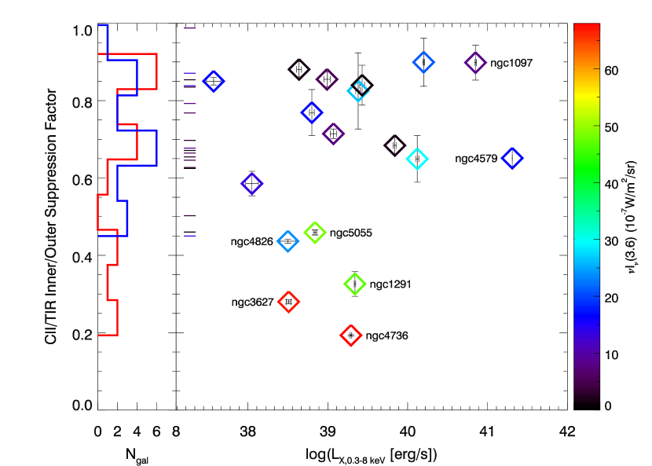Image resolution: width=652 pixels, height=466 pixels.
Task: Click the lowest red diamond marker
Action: (x=351, y=336)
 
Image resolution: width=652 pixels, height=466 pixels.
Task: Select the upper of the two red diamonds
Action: (x=288, y=302)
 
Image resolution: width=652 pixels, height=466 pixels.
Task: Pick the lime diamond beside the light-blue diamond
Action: (x=315, y=232)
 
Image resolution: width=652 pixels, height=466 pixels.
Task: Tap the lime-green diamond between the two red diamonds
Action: (x=355, y=284)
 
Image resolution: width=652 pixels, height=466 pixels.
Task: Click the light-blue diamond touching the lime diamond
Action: (x=288, y=241)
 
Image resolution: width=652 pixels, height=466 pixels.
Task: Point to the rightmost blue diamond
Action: (x=512, y=159)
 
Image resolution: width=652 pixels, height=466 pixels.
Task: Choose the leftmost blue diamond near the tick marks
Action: (x=214, y=81)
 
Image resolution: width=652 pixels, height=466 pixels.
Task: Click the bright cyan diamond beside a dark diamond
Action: (x=417, y=160)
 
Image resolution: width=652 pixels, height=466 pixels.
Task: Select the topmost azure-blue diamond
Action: (x=423, y=62)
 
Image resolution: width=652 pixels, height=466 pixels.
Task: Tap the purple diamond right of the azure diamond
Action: (x=475, y=63)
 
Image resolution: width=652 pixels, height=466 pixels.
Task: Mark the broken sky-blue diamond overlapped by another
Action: (x=358, y=90)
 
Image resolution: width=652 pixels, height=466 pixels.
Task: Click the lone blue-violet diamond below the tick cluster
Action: (x=251, y=184)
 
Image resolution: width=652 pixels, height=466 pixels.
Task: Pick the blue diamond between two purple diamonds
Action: (x=311, y=112)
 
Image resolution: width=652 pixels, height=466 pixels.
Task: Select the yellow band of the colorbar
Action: (x=587, y=97)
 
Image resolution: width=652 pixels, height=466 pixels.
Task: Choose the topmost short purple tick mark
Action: (x=190, y=28)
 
